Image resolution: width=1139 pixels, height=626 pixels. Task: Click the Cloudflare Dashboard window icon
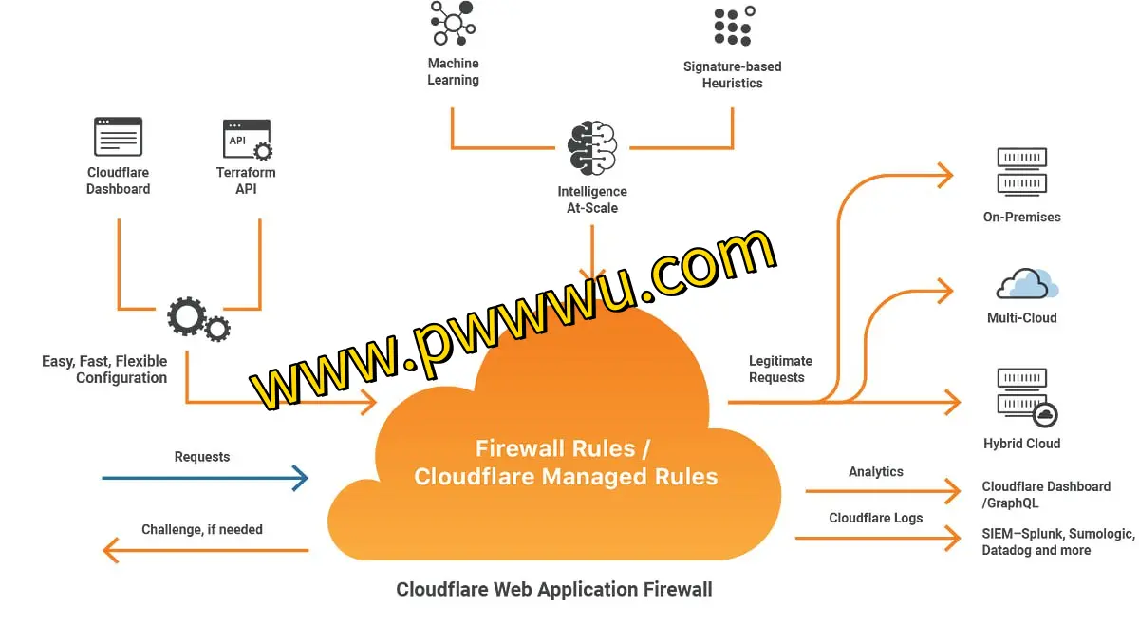click(118, 137)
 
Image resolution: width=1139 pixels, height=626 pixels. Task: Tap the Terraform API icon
click(247, 139)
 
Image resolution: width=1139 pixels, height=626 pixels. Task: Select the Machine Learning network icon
click(453, 23)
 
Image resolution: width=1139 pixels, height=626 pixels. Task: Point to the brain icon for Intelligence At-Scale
click(592, 148)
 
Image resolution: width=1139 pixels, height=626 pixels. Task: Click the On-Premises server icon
click(1021, 171)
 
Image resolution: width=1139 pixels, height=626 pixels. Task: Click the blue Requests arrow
click(204, 478)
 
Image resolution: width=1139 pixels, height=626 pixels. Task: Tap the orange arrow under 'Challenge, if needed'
click(204, 550)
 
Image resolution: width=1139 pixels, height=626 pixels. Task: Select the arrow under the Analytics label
click(882, 491)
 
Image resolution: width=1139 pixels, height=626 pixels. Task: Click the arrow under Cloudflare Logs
click(877, 539)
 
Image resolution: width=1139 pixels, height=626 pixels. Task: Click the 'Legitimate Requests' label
click(780, 369)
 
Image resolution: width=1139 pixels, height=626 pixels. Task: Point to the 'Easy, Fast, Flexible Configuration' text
click(104, 369)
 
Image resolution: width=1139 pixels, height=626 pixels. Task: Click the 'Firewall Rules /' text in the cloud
click(563, 447)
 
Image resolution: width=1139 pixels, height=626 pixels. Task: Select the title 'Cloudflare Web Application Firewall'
click(553, 590)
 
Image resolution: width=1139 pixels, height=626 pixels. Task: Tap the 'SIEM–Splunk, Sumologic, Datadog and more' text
click(1057, 542)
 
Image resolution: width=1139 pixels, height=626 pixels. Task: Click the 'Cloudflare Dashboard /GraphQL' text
click(1046, 494)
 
